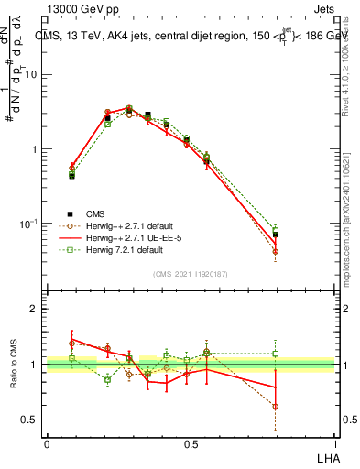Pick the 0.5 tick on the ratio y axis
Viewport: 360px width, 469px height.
tap(31, 420)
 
